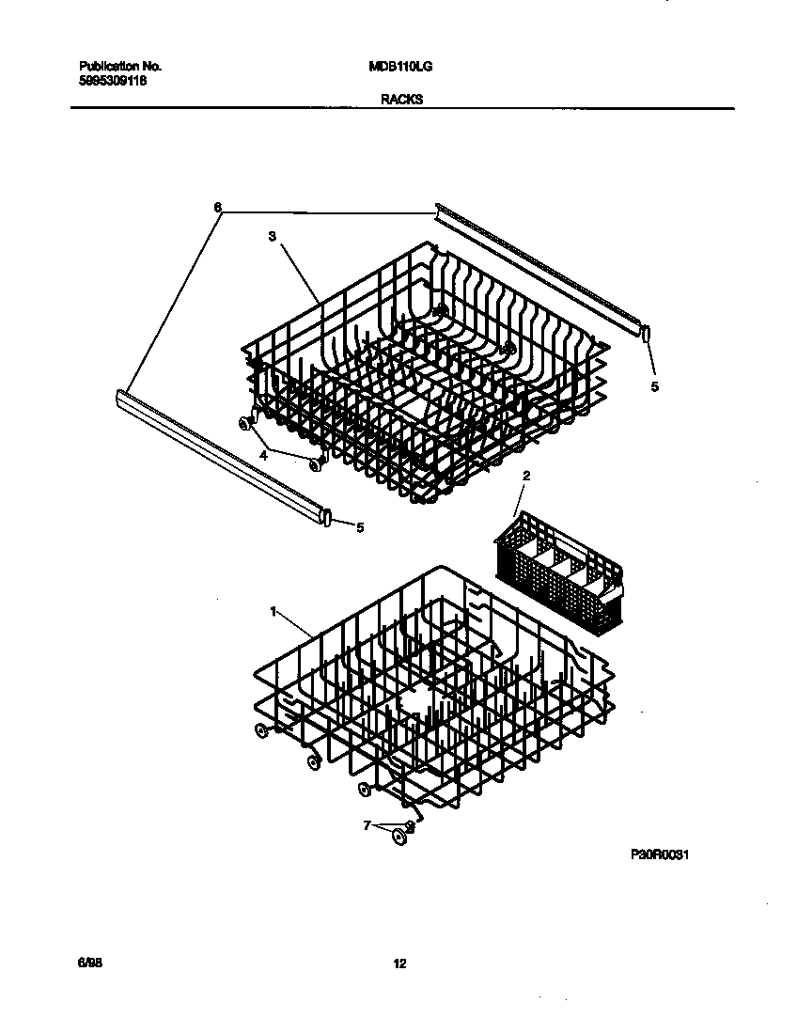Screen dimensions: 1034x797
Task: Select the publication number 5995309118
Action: pyautogui.click(x=114, y=82)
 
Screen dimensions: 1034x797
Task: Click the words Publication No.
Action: pyautogui.click(x=120, y=67)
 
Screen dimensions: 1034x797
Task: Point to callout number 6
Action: pyautogui.click(x=218, y=207)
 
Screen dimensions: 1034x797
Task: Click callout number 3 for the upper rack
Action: pyautogui.click(x=272, y=238)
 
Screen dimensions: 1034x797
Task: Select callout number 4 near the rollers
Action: pyautogui.click(x=264, y=454)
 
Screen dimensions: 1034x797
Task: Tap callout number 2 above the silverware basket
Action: pyautogui.click(x=526, y=477)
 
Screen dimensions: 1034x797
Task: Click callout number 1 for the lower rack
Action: pyautogui.click(x=273, y=611)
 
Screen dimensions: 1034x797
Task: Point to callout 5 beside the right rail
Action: pyautogui.click(x=655, y=386)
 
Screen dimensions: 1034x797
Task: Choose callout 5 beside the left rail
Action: pyautogui.click(x=359, y=528)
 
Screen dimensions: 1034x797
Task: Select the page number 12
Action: pyautogui.click(x=399, y=963)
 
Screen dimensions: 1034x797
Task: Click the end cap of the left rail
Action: pyautogui.click(x=327, y=516)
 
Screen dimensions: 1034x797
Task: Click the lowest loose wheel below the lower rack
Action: pyautogui.click(x=401, y=836)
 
